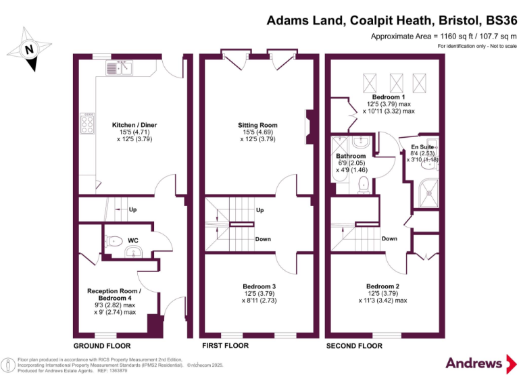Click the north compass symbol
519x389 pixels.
point(28,48)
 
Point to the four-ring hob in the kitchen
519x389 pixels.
point(88,124)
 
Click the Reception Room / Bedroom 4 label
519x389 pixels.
point(114,294)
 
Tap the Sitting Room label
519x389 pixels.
point(257,125)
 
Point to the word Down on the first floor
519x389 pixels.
point(263,239)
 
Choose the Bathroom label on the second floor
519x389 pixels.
point(351,156)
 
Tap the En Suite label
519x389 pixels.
point(422,146)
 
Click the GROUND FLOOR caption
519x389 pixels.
point(97,346)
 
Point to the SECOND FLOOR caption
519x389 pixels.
point(354,346)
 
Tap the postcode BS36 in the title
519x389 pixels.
point(497,20)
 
